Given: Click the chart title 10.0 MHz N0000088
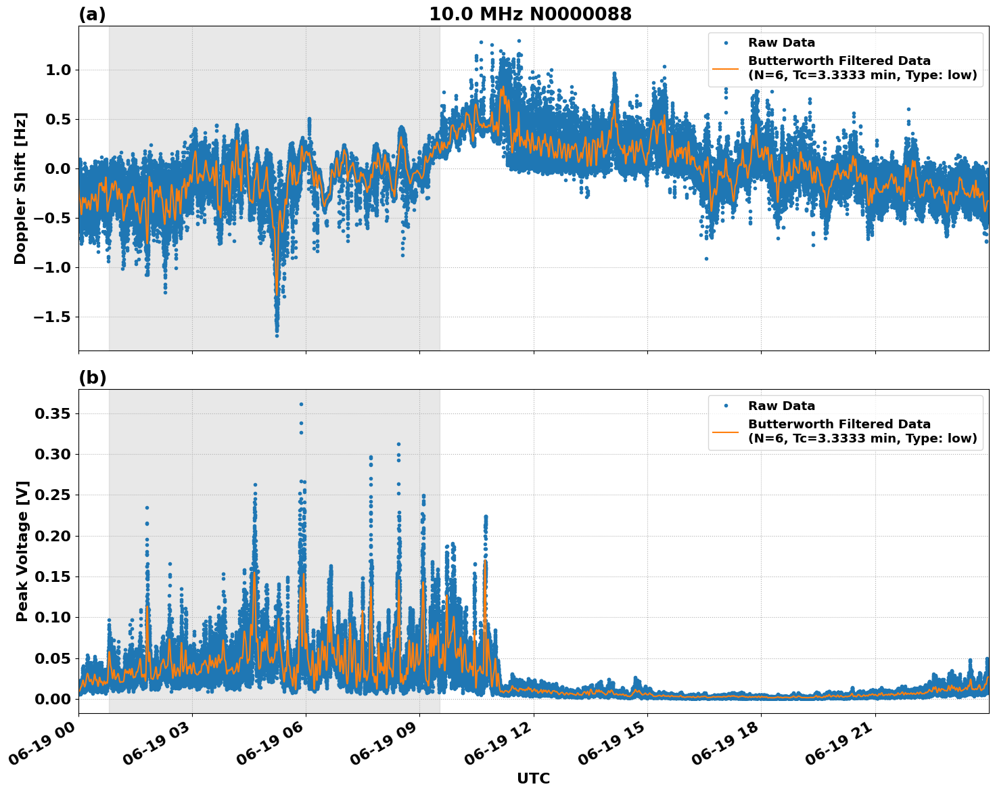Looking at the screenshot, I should [x=530, y=14].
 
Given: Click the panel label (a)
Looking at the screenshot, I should [x=92, y=14].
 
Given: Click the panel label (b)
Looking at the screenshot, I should [x=92, y=378].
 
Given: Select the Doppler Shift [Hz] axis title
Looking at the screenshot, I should [x=20, y=188].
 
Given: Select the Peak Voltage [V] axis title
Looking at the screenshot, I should [x=22, y=551].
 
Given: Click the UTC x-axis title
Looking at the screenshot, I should [x=533, y=778].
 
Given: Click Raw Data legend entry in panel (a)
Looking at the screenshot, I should [x=781, y=43].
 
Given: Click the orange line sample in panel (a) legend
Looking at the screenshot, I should [x=726, y=68].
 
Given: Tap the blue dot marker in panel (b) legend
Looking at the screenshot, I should [x=726, y=406].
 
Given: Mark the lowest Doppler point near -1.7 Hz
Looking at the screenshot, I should [x=277, y=336].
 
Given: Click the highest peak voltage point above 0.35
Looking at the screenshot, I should [x=301, y=404].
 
